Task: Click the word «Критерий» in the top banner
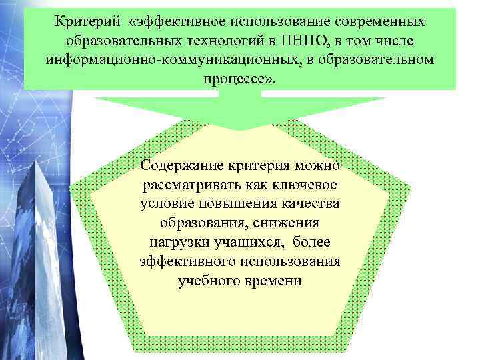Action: (x=86, y=22)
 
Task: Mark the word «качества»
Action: (x=312, y=203)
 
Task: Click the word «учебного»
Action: (x=207, y=280)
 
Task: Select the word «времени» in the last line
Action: (x=273, y=280)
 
